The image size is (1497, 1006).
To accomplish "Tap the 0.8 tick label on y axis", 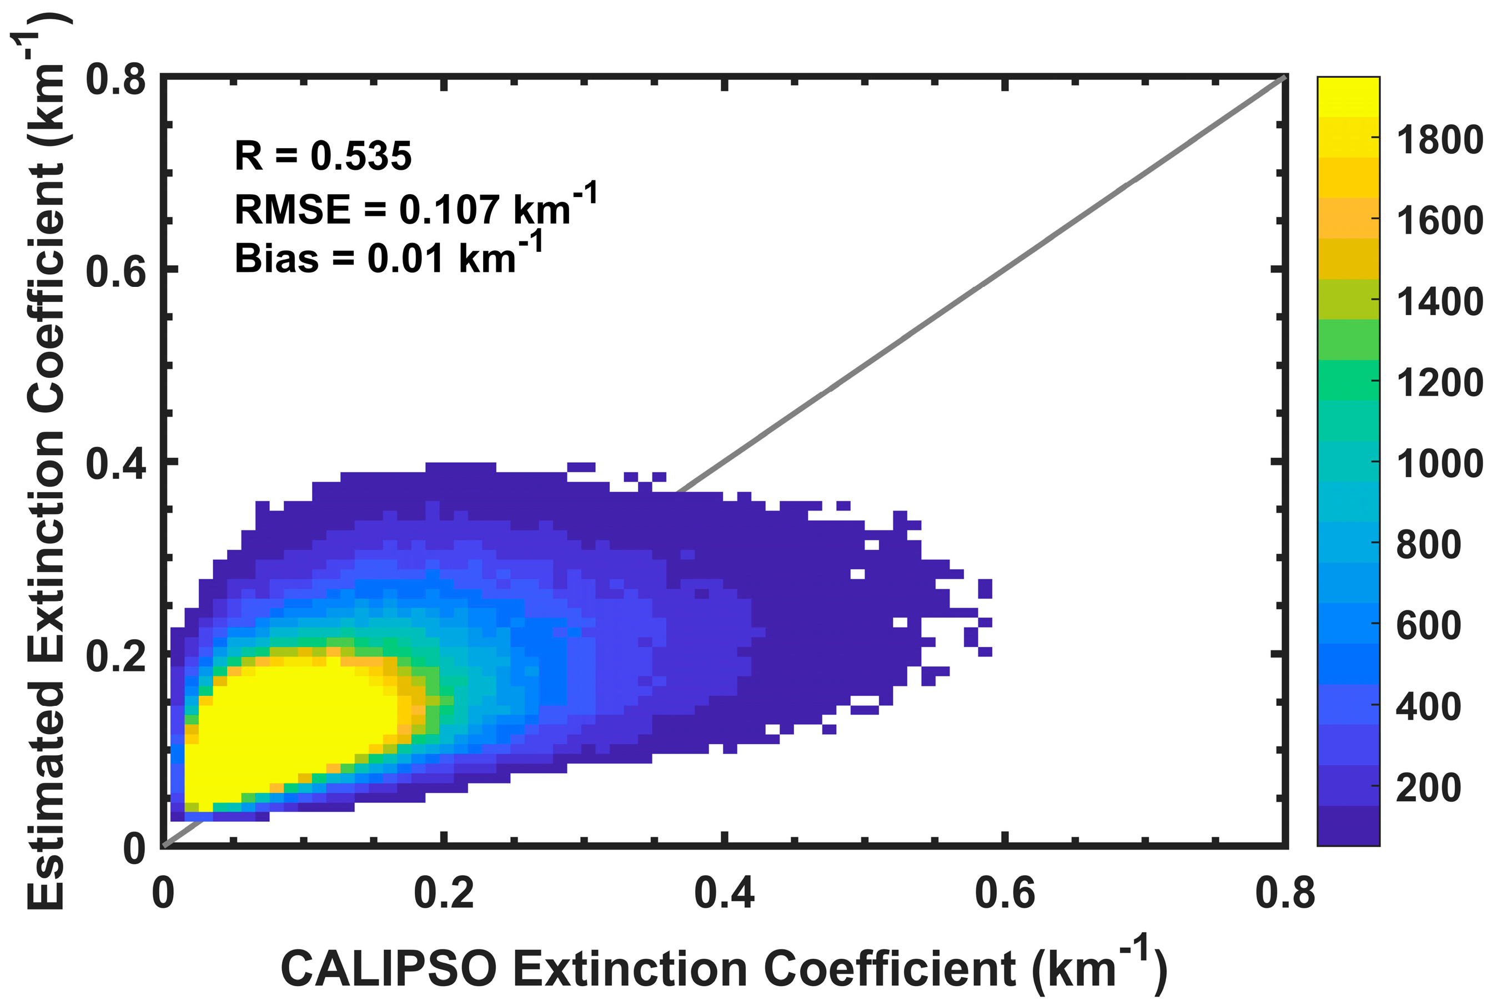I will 115,80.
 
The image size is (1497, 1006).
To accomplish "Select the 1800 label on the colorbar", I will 1440,139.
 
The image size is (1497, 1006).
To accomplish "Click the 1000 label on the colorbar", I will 1440,463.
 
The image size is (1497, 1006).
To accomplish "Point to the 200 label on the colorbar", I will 1428,787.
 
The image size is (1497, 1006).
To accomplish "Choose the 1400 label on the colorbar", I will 1440,301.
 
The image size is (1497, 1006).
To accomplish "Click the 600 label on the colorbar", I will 1428,625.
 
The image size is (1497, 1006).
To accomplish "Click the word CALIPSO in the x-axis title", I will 388,969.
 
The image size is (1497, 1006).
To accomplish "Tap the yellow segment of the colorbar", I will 1348,96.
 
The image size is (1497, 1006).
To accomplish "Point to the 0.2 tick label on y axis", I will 115,656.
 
